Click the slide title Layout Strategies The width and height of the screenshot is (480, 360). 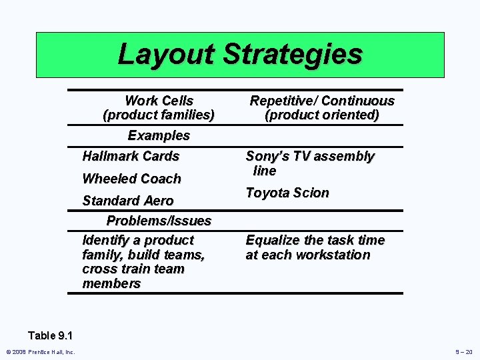point(240,54)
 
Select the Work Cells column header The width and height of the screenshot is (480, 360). point(159,101)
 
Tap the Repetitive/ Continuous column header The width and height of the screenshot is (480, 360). point(322,101)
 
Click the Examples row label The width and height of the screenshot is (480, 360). point(159,135)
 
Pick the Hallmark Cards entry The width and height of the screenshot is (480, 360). point(131,156)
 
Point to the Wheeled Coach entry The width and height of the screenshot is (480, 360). point(131,179)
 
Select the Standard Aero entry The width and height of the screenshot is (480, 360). point(127,201)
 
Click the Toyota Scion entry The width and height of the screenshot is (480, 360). point(287,193)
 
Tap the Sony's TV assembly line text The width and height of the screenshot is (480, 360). point(309,163)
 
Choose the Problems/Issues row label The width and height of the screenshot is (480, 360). point(159,221)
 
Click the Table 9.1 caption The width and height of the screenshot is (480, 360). point(51,335)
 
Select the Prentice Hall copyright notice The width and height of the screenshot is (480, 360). point(41,352)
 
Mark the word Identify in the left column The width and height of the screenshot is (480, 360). point(105,240)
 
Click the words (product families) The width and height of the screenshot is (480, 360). point(159,115)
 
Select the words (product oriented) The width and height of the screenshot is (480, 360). point(322,115)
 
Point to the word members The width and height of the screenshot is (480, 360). point(111,283)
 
